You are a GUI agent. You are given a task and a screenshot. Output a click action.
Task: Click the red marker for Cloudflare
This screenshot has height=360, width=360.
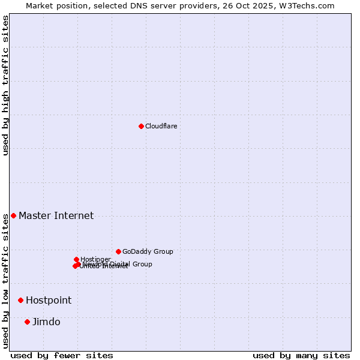(x=141, y=126)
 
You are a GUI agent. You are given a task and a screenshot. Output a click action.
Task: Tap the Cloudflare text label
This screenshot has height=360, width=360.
(x=161, y=126)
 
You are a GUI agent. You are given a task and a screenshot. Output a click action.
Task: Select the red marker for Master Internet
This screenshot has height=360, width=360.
(x=13, y=215)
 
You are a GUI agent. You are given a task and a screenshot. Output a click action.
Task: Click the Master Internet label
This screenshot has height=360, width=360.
(x=56, y=216)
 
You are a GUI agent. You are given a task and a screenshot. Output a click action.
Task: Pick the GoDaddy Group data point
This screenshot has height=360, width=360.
(x=118, y=251)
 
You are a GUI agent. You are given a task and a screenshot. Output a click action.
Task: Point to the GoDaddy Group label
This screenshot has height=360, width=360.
(x=148, y=251)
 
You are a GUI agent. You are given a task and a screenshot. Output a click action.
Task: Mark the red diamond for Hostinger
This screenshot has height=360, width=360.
(x=76, y=259)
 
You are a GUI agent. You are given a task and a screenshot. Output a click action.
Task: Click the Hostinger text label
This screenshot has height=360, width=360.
(x=95, y=259)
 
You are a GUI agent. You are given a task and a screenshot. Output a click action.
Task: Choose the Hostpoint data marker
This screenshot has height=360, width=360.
(x=20, y=300)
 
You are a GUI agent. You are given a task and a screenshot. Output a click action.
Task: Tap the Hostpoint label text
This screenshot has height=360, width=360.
(x=48, y=301)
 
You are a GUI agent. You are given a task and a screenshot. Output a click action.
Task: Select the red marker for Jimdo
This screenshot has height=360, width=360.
(x=27, y=322)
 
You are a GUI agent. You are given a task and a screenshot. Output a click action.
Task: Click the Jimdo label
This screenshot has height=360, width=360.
(x=46, y=322)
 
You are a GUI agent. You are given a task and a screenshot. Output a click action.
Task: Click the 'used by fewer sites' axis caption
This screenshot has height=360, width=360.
(x=62, y=356)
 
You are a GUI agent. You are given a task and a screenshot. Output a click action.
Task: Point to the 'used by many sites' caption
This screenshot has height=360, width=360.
(x=301, y=356)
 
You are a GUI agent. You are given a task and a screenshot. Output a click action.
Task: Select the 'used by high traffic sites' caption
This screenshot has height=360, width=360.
(x=6, y=85)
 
